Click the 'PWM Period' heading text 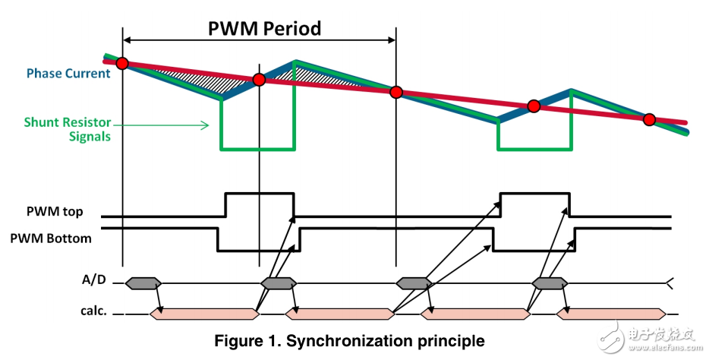point(264,28)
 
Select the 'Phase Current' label point(68,73)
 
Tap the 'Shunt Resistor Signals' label point(68,129)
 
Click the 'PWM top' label point(55,212)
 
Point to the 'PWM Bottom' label point(51,238)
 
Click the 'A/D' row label point(93,280)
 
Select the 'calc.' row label point(93,311)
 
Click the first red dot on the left point(122,63)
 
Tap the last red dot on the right point(649,119)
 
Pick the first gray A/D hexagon point(143,283)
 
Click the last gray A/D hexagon point(550,283)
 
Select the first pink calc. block point(204,314)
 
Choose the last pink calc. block point(611,314)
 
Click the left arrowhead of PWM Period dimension point(127,40)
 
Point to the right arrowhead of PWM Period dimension point(392,40)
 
